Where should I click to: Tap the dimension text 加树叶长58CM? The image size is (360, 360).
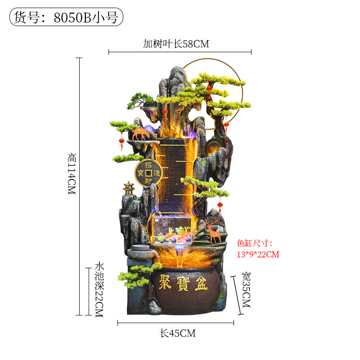tap(176, 44)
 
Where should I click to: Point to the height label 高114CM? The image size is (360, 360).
tap(72, 174)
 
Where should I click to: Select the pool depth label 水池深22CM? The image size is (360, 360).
tap(99, 290)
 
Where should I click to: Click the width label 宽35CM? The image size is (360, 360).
tap(246, 290)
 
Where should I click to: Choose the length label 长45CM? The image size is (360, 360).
tap(178, 333)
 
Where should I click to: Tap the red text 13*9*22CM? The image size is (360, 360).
tap(258, 254)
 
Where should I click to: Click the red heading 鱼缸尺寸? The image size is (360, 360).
tap(252, 243)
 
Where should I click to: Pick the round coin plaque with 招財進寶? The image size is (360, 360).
tap(148, 173)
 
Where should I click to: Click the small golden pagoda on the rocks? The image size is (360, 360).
tap(129, 188)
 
